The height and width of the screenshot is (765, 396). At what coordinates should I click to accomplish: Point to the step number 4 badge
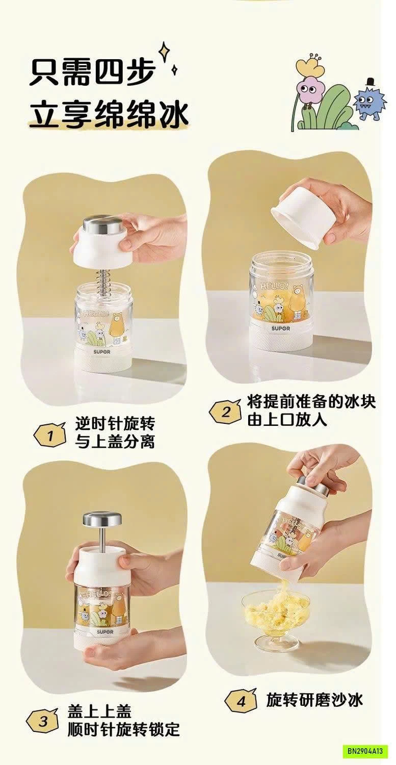click(x=241, y=699)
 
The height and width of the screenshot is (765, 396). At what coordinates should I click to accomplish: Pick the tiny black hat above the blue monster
click(x=369, y=82)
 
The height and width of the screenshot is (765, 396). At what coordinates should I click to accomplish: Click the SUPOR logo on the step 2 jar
click(x=281, y=328)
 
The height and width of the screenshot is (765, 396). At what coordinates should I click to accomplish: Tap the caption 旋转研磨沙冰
click(x=314, y=698)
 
